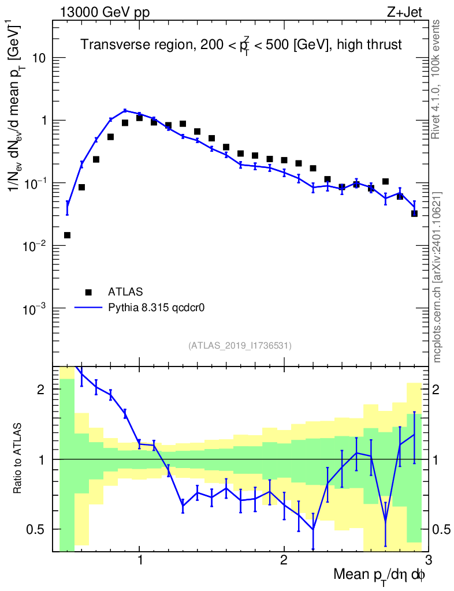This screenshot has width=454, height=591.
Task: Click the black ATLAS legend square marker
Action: pos(88,291)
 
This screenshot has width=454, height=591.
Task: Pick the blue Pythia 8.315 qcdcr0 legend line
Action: pos(88,308)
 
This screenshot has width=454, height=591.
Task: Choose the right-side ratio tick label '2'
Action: pos(441,390)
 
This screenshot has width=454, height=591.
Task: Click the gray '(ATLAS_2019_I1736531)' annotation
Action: pos(240,346)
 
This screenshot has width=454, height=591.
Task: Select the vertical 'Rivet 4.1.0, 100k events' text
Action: pos(437,79)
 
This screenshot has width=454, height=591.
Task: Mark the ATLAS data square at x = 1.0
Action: pos(139,118)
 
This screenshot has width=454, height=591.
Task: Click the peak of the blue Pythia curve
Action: pos(125,110)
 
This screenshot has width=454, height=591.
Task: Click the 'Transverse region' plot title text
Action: pos(241,45)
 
